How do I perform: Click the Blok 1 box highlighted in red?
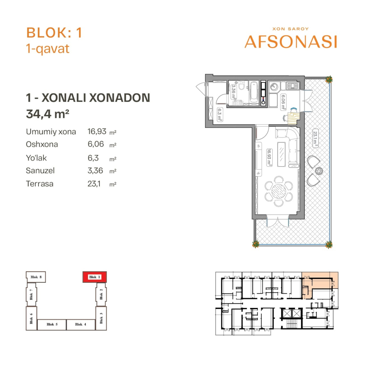(95, 277)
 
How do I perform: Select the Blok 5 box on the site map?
(52, 324)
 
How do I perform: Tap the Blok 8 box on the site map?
(36, 277)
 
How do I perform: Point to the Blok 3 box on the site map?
(101, 318)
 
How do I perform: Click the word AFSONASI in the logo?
(291, 42)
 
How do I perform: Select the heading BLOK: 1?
(54, 32)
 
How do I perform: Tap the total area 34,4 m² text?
(47, 114)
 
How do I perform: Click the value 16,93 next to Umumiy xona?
(97, 132)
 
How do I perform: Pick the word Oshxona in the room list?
(42, 144)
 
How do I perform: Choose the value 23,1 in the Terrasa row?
(94, 184)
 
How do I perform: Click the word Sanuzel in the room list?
(40, 171)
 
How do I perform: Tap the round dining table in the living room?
(279, 191)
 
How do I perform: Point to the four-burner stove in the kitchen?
(292, 86)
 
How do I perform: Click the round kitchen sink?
(274, 87)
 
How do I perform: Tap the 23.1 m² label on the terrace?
(315, 139)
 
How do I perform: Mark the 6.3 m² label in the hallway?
(220, 114)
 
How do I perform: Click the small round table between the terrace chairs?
(319, 171)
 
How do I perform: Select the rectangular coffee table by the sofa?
(282, 154)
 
